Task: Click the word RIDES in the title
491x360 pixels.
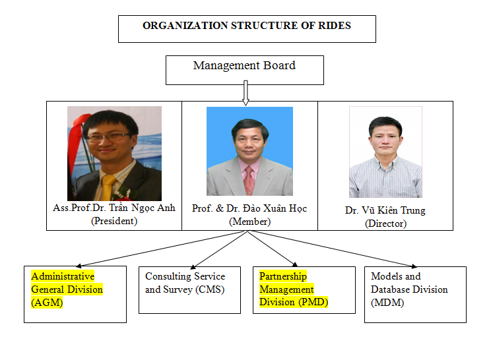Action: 335,25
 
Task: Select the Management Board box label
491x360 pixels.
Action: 244,65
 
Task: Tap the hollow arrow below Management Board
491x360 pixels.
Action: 245,93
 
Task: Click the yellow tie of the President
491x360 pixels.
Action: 108,187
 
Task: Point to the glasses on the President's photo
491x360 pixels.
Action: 108,137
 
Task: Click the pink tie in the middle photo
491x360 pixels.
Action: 249,180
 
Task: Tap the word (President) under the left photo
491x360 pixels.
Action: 114,221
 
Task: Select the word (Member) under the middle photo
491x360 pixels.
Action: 250,222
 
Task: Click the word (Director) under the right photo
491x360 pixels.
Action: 386,224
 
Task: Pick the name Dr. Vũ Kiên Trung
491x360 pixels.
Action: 385,210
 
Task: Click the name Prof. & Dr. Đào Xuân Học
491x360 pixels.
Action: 249,208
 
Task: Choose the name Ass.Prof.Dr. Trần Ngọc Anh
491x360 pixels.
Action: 114,208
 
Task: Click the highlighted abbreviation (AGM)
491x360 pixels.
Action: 47,303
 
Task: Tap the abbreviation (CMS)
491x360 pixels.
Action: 210,289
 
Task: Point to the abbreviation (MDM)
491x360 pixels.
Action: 387,303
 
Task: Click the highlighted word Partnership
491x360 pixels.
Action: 283,276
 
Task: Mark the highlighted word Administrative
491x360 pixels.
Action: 63,276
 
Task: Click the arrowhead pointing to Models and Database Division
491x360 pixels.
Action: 414,266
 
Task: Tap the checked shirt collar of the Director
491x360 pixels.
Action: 385,162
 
